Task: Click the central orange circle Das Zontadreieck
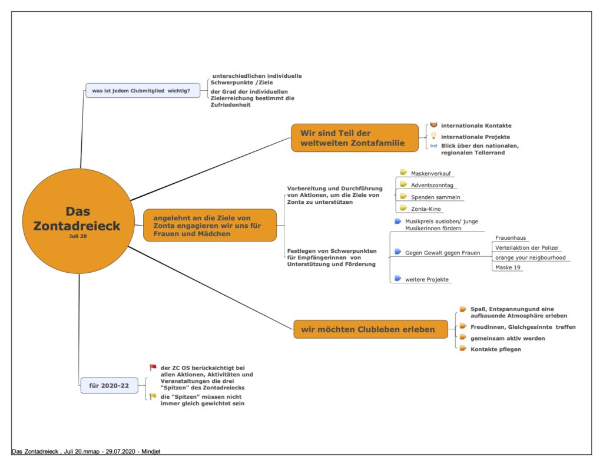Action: [x=78, y=222]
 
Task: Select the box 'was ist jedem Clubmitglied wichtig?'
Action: [x=143, y=91]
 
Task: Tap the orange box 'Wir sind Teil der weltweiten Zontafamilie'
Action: [x=354, y=138]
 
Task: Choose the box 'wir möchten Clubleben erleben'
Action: [x=371, y=329]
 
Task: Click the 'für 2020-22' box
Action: [x=109, y=385]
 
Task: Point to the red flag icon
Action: [x=153, y=368]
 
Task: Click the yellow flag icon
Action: [x=153, y=396]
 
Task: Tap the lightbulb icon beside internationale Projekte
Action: [x=433, y=136]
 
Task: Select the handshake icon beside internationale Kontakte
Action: [x=433, y=125]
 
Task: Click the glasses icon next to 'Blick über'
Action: [x=433, y=146]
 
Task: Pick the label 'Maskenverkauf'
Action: [x=430, y=174]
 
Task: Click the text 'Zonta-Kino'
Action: [x=426, y=209]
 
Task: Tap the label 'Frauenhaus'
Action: [x=511, y=238]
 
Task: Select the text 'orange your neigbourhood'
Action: [x=531, y=257]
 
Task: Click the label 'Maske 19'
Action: [x=508, y=267]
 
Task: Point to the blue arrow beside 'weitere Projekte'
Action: [x=397, y=278]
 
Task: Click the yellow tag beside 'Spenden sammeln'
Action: [x=403, y=196]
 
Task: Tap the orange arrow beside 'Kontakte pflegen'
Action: [x=463, y=349]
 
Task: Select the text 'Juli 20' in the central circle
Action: [x=78, y=236]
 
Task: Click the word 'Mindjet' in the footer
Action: [x=151, y=451]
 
